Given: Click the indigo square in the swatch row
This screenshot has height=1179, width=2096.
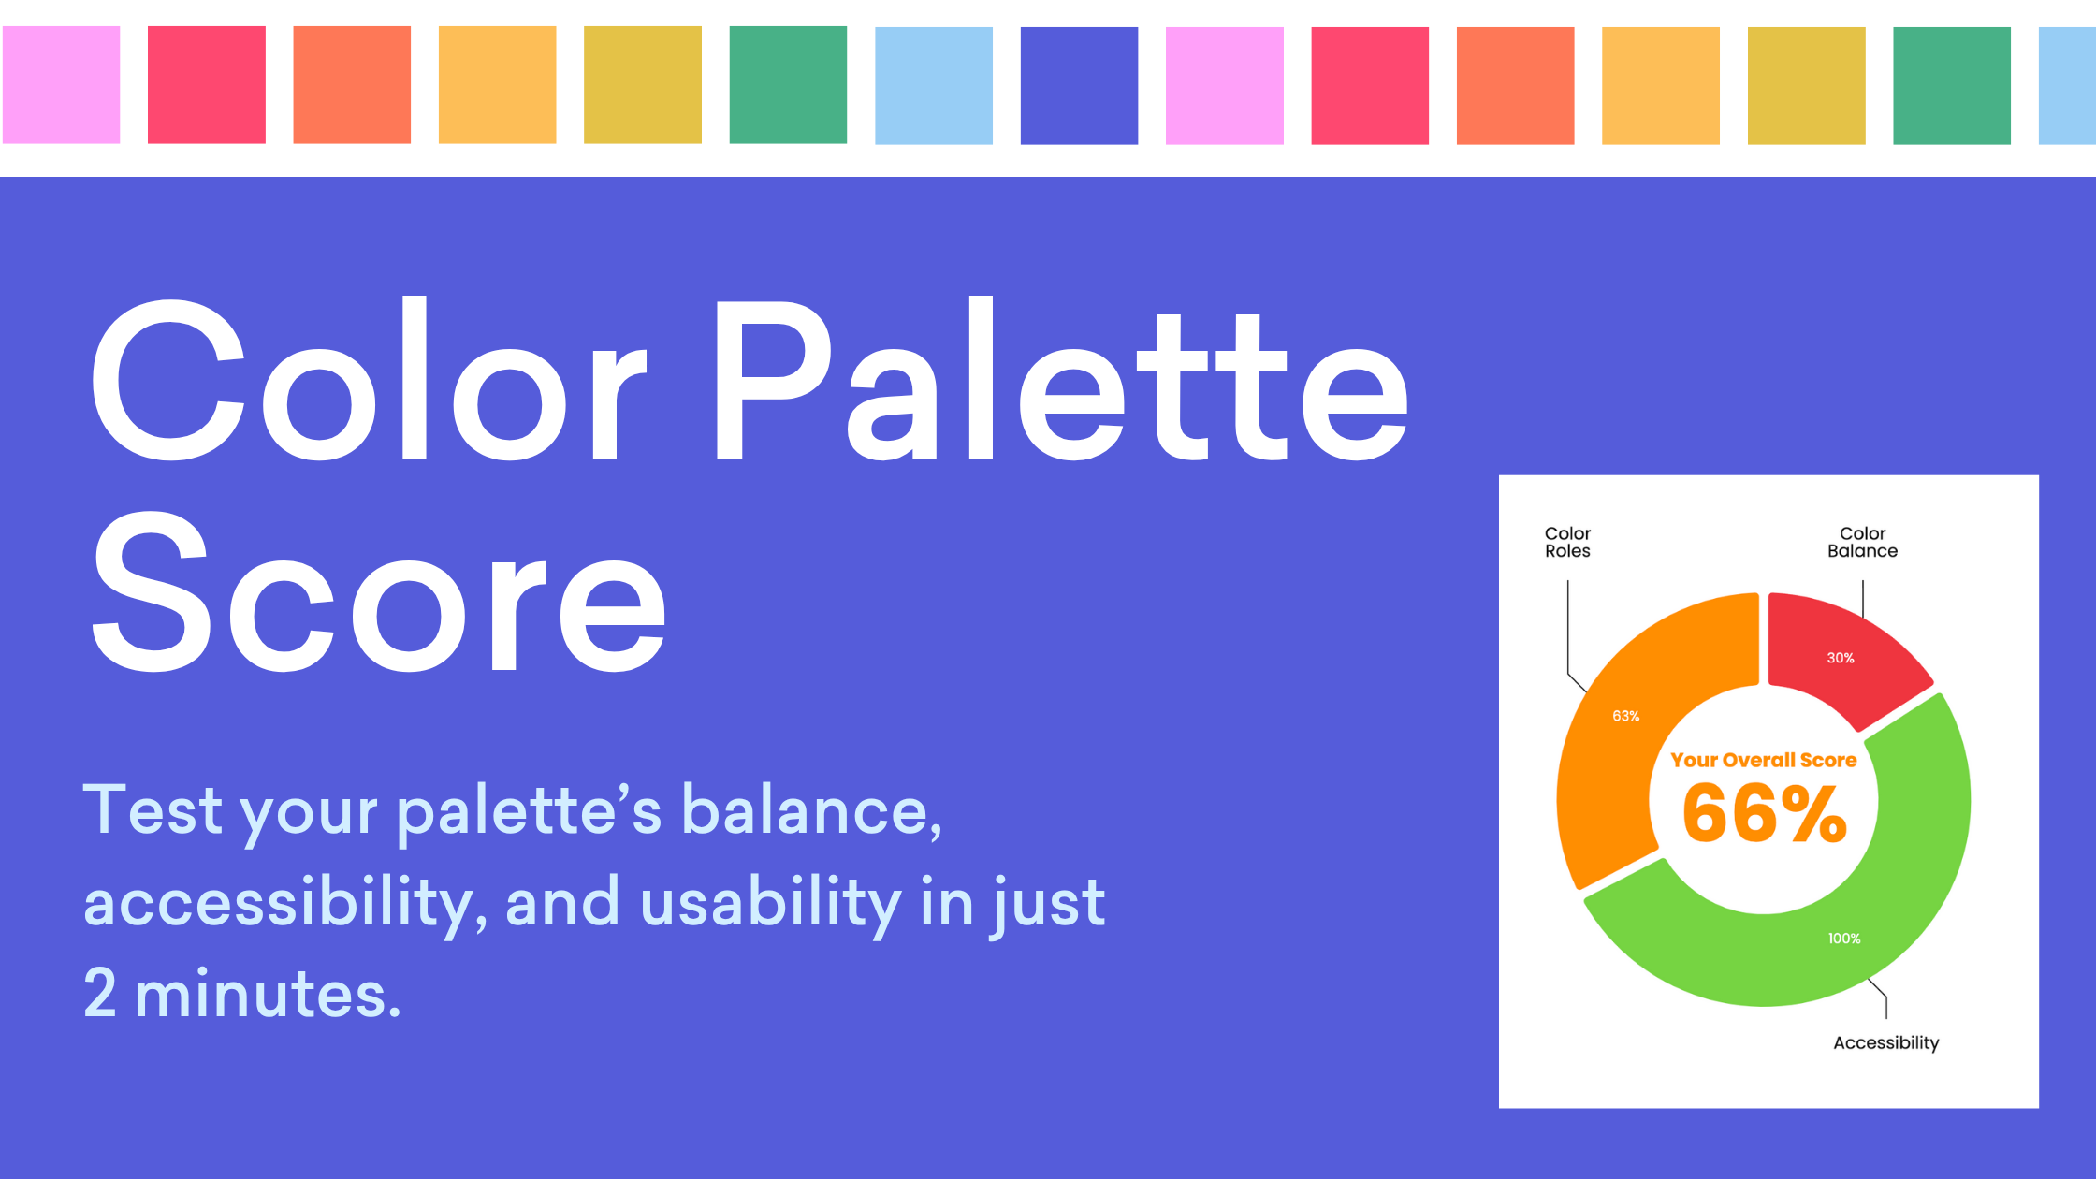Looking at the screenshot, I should click(1079, 85).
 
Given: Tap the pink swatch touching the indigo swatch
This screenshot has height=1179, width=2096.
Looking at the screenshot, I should click(1224, 85).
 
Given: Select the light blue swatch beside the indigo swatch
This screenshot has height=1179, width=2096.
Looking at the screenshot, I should click(933, 85).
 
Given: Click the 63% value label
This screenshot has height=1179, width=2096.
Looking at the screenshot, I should click(1625, 716).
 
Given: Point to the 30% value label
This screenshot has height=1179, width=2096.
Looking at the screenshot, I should click(1840, 658).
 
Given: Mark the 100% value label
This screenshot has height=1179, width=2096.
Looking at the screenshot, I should click(1843, 939).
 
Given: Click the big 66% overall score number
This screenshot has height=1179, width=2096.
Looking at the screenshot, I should click(1764, 812).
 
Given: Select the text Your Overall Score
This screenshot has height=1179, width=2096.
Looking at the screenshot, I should click(1763, 760).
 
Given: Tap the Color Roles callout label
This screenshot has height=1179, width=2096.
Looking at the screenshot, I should click(1567, 542).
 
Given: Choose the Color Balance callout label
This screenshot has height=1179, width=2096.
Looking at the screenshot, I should click(1862, 542).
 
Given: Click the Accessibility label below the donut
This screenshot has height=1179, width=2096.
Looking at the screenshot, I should click(1885, 1042).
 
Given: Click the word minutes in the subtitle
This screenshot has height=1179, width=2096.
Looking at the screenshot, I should click(268, 994).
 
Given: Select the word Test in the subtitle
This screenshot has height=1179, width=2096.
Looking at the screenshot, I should click(153, 809).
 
